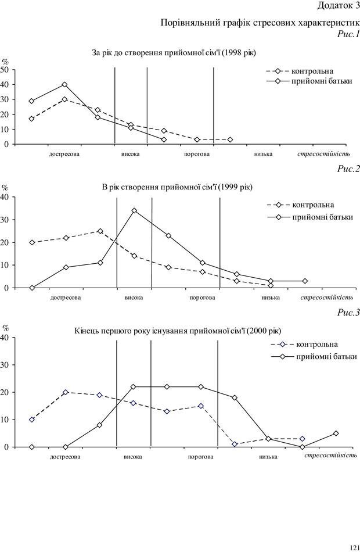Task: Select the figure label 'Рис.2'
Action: click(348, 170)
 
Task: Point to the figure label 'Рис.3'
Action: click(348, 313)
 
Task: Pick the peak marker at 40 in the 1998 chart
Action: click(64, 84)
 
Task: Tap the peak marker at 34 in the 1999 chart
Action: click(134, 210)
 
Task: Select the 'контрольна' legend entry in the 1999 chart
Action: click(313, 205)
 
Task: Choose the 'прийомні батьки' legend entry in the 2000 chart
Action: click(327, 357)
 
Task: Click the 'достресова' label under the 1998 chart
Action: click(64, 155)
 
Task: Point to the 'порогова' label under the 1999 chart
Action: click(202, 298)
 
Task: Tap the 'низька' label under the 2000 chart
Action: click(268, 457)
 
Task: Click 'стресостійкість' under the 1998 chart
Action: click(323, 154)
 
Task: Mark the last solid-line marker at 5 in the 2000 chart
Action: click(336, 433)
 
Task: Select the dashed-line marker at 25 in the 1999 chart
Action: click(100, 231)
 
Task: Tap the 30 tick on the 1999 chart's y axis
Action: click(5, 220)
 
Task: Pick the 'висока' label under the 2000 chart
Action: click(133, 457)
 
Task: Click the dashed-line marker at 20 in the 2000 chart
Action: click(66, 392)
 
